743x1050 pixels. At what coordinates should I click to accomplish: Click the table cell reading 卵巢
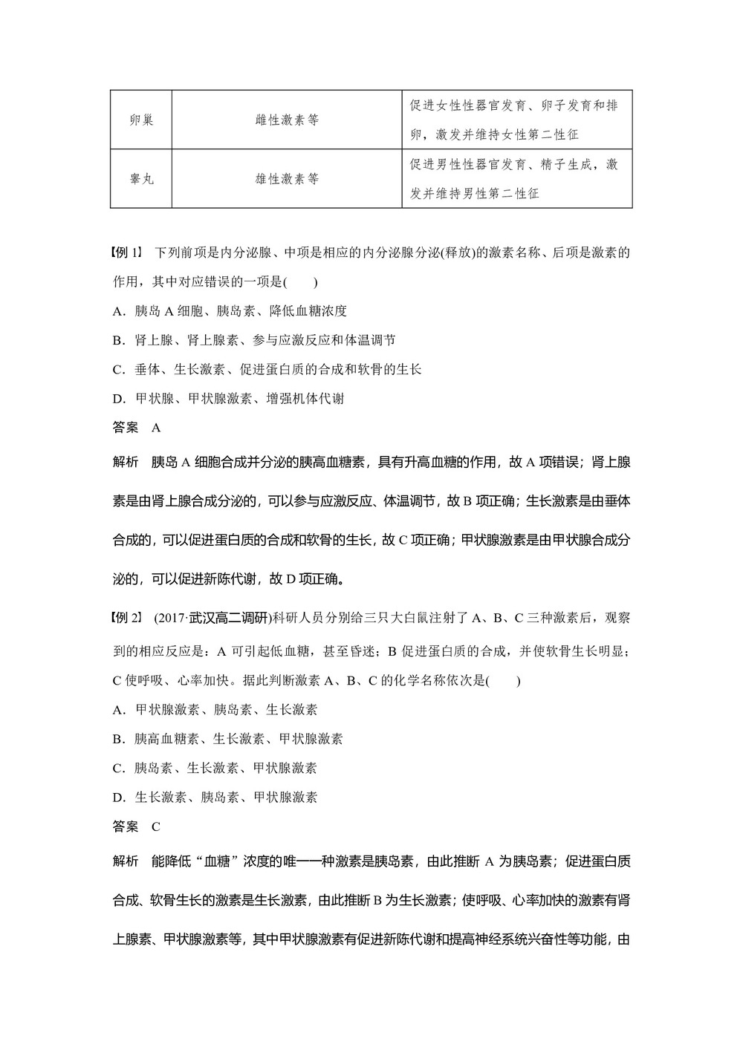pos(141,120)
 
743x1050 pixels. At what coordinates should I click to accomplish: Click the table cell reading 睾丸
pos(141,179)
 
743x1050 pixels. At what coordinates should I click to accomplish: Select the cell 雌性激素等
pos(287,120)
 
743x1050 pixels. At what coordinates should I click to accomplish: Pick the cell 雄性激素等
pos(287,179)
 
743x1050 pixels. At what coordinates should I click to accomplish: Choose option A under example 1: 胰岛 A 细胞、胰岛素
pos(230,311)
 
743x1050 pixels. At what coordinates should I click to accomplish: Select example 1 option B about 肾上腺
pos(253,340)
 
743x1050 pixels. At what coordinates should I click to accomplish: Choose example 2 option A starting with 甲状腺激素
pos(215,710)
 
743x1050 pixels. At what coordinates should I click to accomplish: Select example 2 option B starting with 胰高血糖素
pos(227,739)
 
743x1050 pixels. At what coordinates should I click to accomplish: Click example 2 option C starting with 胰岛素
pos(215,768)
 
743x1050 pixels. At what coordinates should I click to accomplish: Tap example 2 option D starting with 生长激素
pos(215,798)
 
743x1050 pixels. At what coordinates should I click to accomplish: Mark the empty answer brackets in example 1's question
pos(300,282)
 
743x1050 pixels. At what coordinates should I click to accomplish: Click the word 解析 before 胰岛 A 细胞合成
pos(126,463)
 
